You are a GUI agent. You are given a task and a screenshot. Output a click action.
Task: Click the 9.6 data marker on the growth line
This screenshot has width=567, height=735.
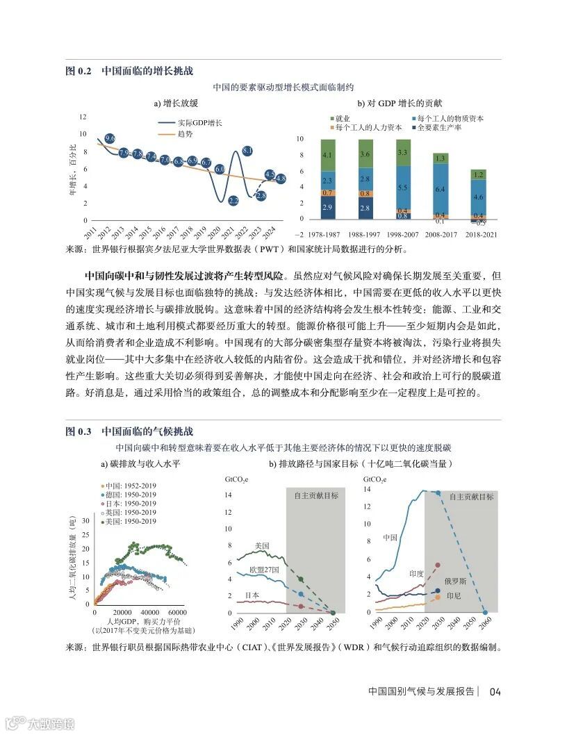[110, 139]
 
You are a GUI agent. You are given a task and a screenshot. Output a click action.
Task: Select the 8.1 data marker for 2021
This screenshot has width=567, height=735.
[247, 150]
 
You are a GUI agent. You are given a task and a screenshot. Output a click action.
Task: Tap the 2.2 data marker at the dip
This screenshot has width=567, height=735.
[233, 201]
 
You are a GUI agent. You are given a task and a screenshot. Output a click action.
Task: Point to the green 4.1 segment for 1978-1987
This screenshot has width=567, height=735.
[327, 155]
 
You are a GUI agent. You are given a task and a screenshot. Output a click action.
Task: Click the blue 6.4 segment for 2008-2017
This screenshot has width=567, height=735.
[441, 188]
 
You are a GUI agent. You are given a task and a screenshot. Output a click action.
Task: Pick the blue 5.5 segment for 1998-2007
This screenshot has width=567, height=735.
[403, 188]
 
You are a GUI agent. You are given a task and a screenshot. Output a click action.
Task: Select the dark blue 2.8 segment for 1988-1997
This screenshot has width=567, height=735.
[365, 208]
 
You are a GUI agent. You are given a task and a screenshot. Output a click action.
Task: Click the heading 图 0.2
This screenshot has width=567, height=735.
[78, 71]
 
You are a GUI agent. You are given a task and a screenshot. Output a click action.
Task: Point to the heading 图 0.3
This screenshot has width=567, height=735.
[78, 431]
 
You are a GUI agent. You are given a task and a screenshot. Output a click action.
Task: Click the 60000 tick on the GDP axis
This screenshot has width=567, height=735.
[176, 603]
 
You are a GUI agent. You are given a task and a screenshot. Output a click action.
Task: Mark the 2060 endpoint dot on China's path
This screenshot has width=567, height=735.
[484, 613]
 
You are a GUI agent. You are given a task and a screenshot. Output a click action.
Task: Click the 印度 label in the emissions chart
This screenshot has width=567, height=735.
[416, 574]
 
